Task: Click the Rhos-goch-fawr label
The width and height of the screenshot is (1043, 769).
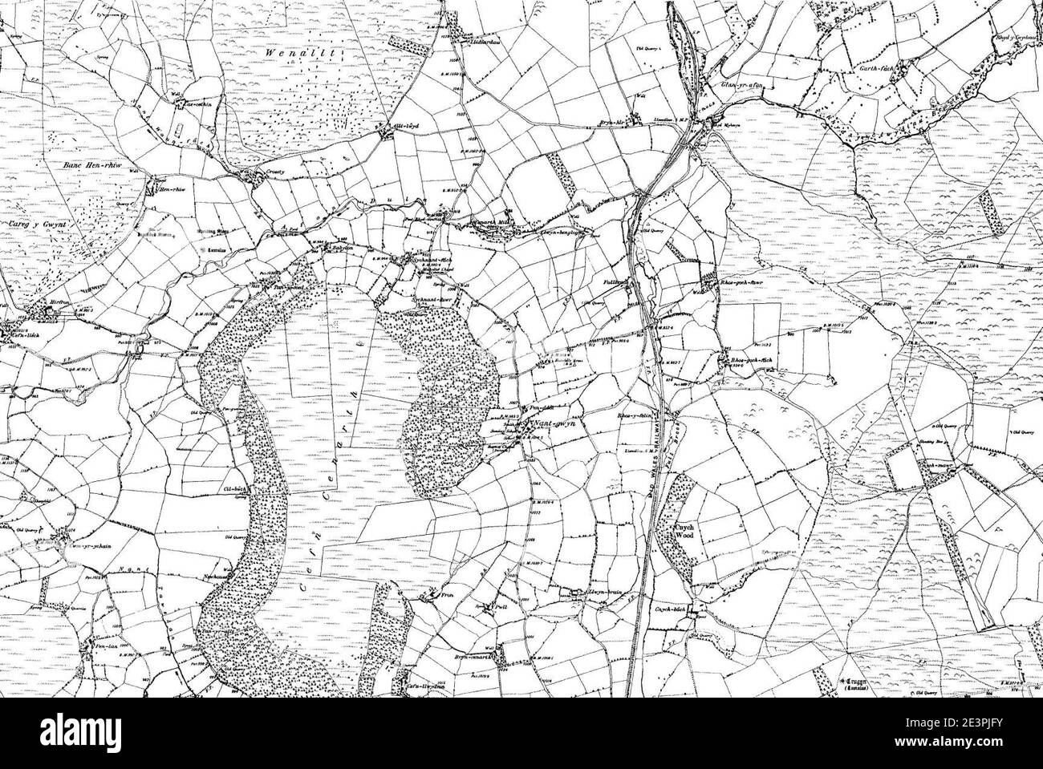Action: (x=741, y=282)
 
